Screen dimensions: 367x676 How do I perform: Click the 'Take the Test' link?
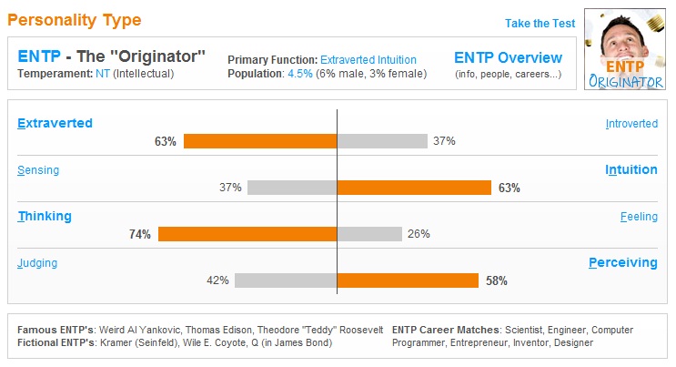point(540,24)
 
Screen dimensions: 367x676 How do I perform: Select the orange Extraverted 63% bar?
point(260,141)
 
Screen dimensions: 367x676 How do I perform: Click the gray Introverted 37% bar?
point(382,141)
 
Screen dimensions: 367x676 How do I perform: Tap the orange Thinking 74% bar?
point(247,234)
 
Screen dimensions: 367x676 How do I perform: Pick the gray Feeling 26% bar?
point(369,234)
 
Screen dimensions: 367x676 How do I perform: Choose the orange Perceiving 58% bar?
point(408,280)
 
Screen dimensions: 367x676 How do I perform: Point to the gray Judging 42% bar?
point(286,280)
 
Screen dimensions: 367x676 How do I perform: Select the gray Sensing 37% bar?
point(292,188)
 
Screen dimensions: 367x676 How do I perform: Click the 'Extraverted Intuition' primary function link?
point(376,60)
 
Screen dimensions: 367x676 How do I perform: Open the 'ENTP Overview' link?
point(508,57)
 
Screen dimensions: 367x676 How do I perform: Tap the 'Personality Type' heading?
point(75,19)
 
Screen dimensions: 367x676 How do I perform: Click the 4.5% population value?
point(300,74)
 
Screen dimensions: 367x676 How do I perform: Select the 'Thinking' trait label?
point(45,216)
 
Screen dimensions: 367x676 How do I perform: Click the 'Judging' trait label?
point(37,263)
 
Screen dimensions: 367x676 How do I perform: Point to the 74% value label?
point(139,234)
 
